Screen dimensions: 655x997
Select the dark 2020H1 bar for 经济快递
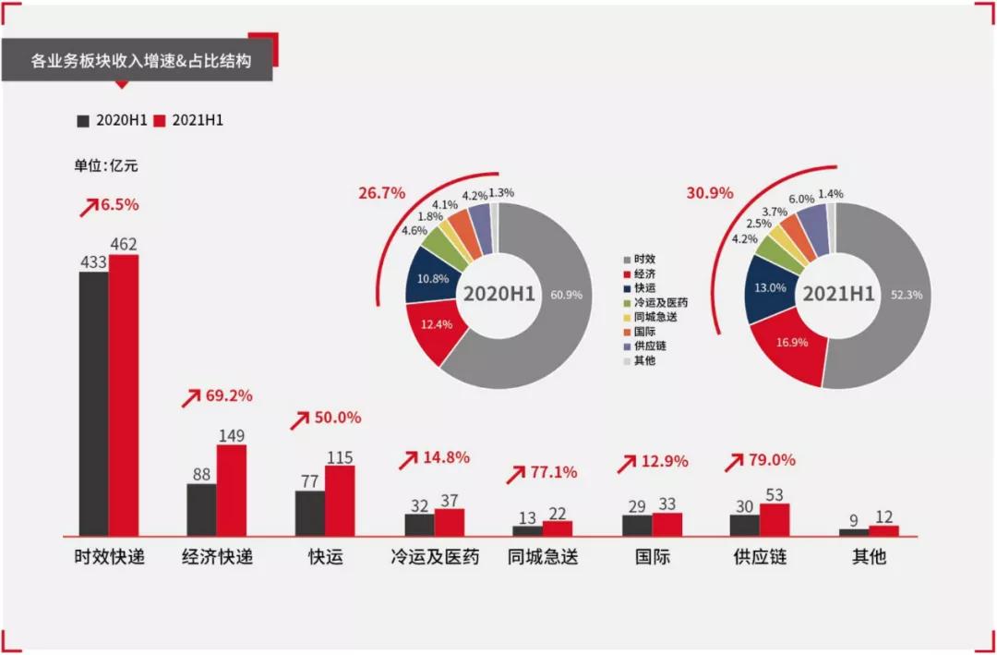201,509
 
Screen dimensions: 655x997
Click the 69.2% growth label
228,396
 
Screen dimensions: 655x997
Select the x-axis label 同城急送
543,558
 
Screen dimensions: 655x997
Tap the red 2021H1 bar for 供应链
775,519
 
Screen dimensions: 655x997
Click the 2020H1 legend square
83,121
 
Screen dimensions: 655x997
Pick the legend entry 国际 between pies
643,331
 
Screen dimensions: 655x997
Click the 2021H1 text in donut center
837,294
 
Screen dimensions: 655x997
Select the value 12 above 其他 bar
883,519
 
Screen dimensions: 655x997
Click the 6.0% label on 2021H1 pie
799,199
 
